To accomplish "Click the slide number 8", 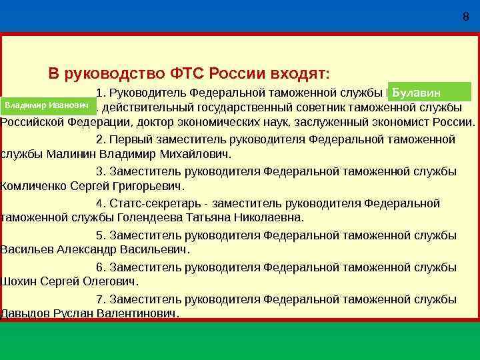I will click(465, 17).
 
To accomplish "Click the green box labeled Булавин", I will click(429, 92).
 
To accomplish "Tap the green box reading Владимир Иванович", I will click(47, 105).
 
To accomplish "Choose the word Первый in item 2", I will click(131, 139).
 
